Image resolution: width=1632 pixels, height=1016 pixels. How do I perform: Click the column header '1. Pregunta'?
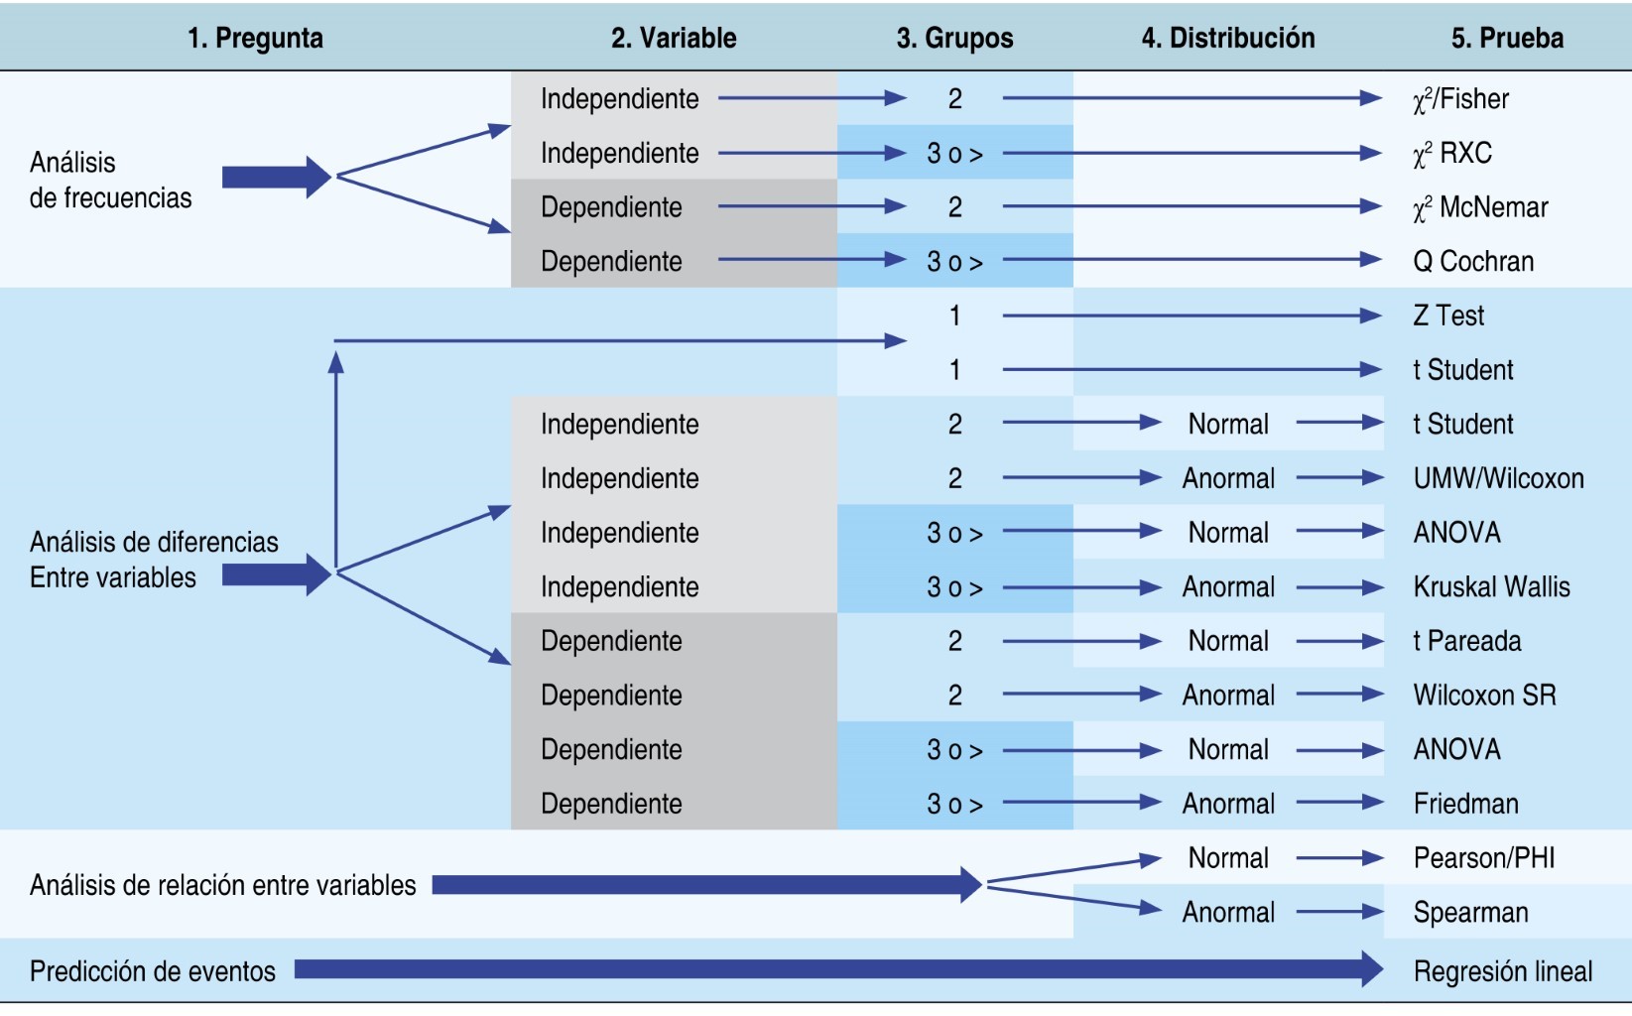click(255, 39)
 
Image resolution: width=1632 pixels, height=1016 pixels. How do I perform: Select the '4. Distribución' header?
click(1227, 39)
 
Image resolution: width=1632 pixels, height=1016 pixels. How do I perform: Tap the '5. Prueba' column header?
click(1507, 39)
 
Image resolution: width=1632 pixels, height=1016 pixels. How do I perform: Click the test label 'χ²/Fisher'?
click(1460, 99)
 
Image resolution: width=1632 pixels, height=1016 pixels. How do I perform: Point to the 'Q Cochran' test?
click(1473, 262)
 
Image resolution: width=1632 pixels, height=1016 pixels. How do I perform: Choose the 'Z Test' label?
click(1448, 317)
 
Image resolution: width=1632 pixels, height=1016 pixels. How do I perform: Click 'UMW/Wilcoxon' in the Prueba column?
click(1498, 479)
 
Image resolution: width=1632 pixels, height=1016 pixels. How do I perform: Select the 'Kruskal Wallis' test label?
click(1491, 587)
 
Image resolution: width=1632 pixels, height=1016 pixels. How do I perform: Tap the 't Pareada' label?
click(1466, 642)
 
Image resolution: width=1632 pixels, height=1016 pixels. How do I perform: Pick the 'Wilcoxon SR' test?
click(1484, 696)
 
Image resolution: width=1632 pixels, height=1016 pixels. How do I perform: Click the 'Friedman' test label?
click(1465, 804)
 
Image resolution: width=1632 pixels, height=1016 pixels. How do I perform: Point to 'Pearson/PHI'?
click(1484, 858)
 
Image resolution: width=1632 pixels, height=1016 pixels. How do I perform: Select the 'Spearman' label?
click(1470, 913)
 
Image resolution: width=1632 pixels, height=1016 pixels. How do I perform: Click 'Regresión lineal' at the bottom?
click(1502, 971)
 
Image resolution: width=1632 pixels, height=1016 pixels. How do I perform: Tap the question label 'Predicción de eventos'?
click(153, 971)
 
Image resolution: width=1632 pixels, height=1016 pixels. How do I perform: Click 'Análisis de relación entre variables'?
click(223, 885)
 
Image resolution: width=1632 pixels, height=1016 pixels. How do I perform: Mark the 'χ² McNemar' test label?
click(1480, 207)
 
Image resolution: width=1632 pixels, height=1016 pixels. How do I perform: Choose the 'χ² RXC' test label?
click(1452, 154)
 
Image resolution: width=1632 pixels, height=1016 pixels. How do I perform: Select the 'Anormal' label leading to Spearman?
click(1228, 913)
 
